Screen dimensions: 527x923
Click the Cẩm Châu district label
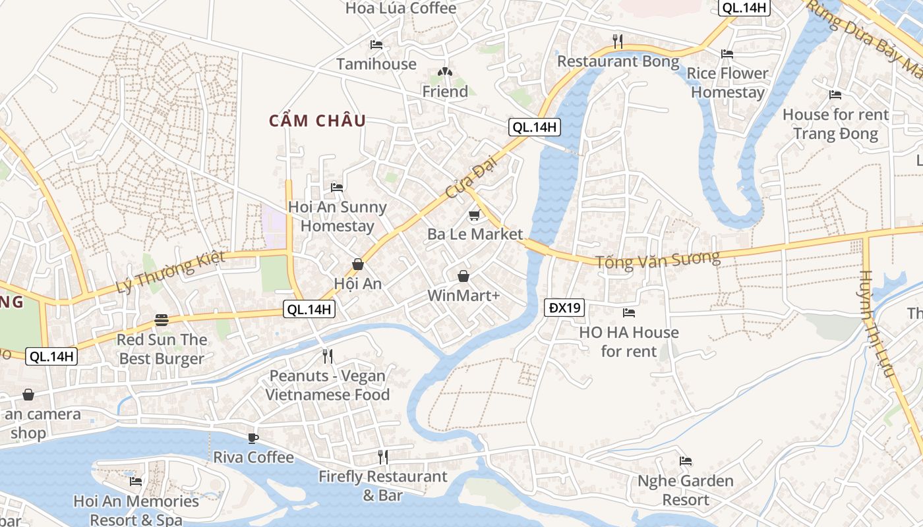tap(317, 121)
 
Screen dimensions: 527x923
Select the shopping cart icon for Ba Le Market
tap(474, 215)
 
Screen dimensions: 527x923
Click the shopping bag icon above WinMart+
tap(463, 276)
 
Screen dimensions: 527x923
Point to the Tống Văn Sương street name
tap(657, 259)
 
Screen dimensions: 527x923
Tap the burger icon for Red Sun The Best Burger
tap(162, 320)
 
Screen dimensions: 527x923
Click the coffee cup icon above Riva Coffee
tap(253, 438)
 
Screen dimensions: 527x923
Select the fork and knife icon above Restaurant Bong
tap(618, 42)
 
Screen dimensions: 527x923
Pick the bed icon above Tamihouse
tap(376, 45)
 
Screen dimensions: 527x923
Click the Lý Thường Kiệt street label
tap(170, 272)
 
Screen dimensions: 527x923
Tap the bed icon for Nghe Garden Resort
tap(686, 461)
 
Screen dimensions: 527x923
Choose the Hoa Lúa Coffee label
tap(401, 8)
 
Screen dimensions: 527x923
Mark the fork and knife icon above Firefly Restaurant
tap(382, 457)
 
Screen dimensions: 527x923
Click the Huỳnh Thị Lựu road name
tap(876, 323)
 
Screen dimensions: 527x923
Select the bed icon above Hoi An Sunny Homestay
tap(337, 187)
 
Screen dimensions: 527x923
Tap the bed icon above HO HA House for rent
tap(628, 313)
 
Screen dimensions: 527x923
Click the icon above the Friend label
tap(445, 72)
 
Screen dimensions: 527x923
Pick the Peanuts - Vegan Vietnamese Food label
tap(328, 385)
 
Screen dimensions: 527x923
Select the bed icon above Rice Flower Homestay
tap(727, 53)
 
